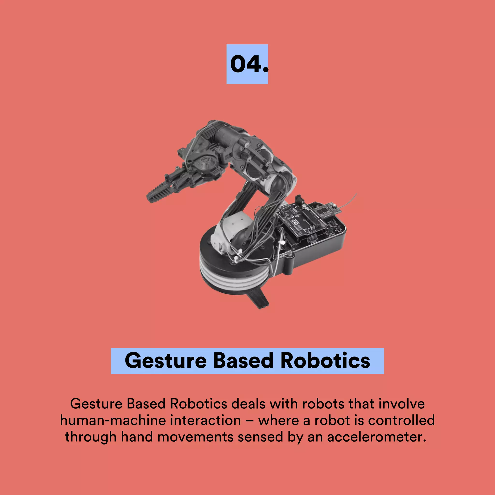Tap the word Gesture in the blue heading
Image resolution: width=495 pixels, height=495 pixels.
coord(166,361)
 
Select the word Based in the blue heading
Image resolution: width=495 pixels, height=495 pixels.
coord(243,361)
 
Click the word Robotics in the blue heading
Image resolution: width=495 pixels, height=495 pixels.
coord(325,361)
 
